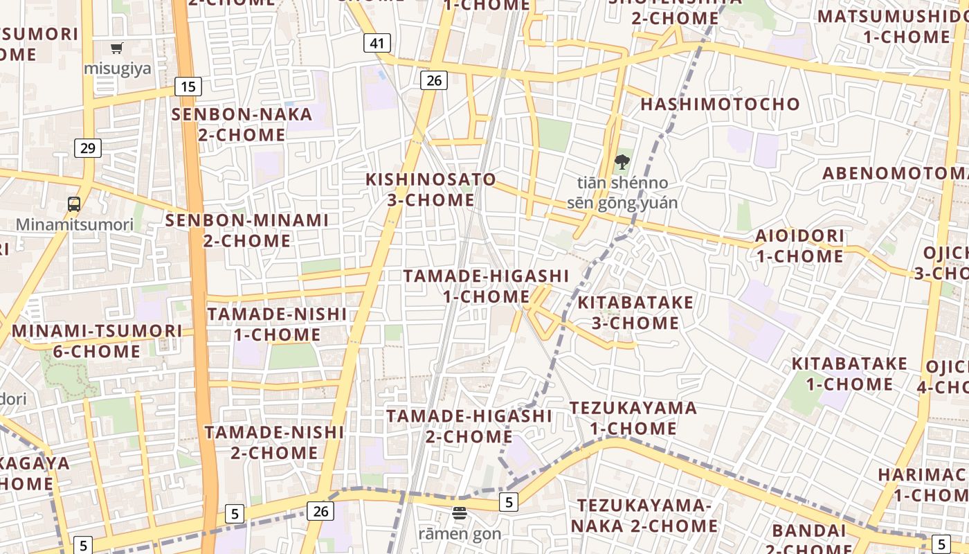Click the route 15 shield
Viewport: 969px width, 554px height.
coord(188,87)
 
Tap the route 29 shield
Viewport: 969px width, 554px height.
coord(88,148)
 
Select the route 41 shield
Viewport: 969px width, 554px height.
coord(377,43)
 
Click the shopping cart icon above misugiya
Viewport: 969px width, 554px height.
coord(117,48)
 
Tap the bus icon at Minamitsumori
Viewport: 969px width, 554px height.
coord(74,204)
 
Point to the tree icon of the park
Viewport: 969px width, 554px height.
coord(622,162)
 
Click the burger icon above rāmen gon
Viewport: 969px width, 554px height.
coord(460,513)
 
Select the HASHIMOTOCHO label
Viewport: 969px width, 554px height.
coord(720,105)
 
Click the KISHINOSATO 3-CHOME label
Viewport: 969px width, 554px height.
coord(431,190)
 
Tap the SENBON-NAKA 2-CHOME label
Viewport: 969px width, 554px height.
coord(242,125)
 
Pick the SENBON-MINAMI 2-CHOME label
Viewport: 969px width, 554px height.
coord(247,231)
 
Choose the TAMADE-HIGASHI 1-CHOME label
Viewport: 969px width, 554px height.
coord(486,286)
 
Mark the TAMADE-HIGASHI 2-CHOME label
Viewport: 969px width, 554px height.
coord(469,426)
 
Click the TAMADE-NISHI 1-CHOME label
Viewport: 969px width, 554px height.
coord(277,324)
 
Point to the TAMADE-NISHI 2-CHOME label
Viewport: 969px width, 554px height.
coord(274,443)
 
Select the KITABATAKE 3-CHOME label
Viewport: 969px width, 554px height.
coord(635,313)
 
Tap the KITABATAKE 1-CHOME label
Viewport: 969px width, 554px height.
coord(849,373)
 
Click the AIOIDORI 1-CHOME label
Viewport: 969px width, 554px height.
coord(799,246)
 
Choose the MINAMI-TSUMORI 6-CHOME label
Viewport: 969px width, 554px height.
coord(97,341)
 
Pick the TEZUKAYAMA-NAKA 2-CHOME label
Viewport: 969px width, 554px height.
coord(644,516)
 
